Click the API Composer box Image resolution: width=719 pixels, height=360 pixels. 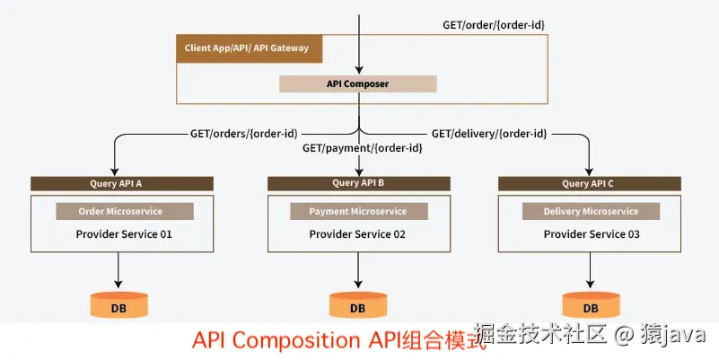click(x=357, y=83)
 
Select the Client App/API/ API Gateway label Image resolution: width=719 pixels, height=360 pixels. click(x=248, y=48)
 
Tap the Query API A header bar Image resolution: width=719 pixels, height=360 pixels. click(x=122, y=183)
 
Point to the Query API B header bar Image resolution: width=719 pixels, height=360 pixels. click(x=358, y=183)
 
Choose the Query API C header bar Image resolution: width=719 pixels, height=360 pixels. click(x=589, y=183)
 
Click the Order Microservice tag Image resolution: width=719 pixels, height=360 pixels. click(x=125, y=212)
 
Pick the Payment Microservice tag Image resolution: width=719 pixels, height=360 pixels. click(x=357, y=212)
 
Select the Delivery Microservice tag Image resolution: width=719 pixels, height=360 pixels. click(x=592, y=212)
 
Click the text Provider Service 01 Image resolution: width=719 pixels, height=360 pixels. click(x=125, y=234)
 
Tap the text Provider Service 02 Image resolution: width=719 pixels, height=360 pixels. click(x=357, y=234)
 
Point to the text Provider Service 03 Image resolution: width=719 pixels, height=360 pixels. click(x=592, y=234)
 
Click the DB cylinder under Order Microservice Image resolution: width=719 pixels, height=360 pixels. click(x=118, y=304)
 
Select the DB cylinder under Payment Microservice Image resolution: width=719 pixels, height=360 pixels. click(x=357, y=304)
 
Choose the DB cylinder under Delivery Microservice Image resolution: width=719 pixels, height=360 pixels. click(x=590, y=304)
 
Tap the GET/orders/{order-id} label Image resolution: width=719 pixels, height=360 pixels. click(x=243, y=134)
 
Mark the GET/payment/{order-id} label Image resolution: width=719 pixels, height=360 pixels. click(x=362, y=148)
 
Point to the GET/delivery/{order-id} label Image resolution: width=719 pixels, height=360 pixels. click(x=489, y=134)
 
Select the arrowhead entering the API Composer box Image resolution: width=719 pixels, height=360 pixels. click(x=359, y=69)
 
